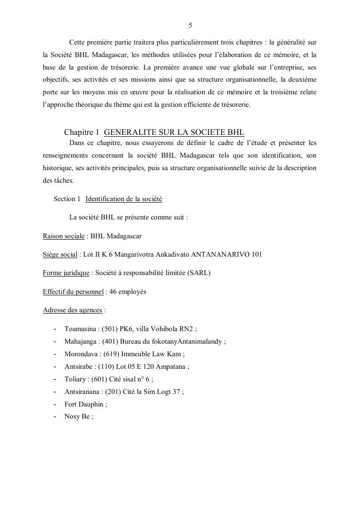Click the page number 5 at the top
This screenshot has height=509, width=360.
190,25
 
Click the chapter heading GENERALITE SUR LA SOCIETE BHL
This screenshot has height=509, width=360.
174,132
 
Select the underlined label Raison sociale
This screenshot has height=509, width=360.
63,236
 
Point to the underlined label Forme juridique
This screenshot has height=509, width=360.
66,273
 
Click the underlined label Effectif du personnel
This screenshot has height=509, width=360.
73,291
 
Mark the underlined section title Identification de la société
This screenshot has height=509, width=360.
124,199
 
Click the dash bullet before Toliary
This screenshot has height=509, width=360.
55,379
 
